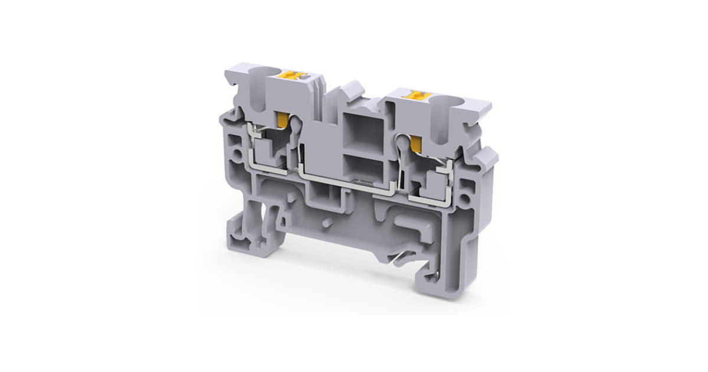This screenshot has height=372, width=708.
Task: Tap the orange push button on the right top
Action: click(x=418, y=94)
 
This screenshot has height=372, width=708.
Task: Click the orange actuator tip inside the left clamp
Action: click(x=282, y=119)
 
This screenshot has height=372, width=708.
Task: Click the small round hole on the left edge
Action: click(x=237, y=155)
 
